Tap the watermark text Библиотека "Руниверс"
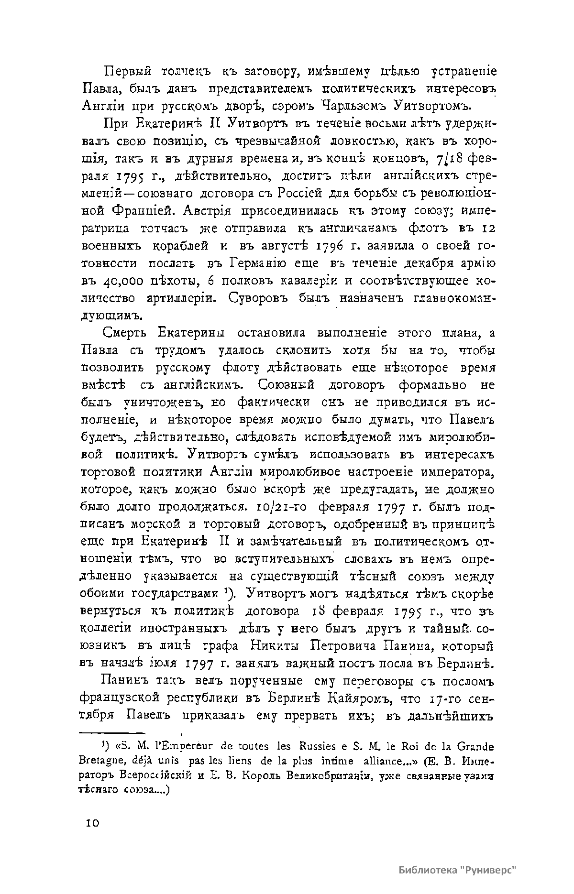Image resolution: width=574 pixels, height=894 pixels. click(x=458, y=870)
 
